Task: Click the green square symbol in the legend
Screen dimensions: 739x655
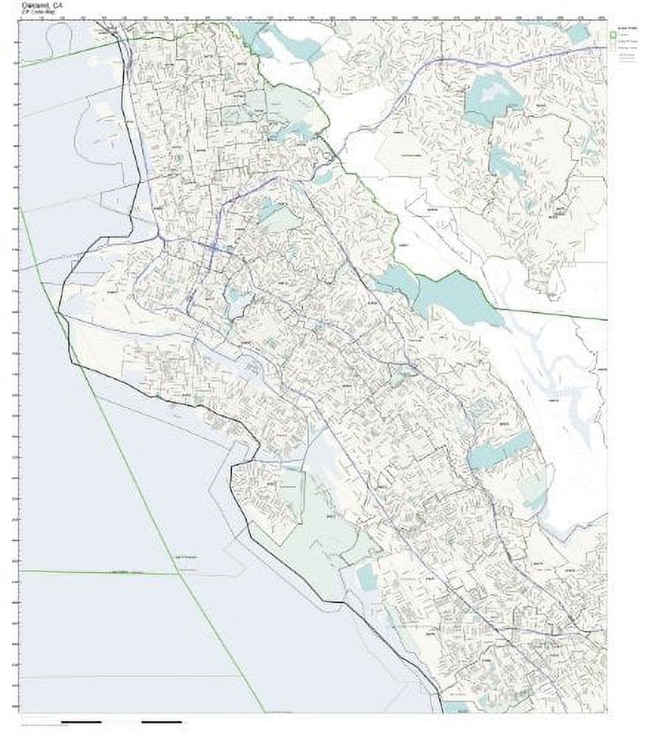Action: [614, 34]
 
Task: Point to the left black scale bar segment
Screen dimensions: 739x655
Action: [81, 721]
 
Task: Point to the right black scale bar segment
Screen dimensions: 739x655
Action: [161, 721]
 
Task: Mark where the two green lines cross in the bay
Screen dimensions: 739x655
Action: [178, 572]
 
